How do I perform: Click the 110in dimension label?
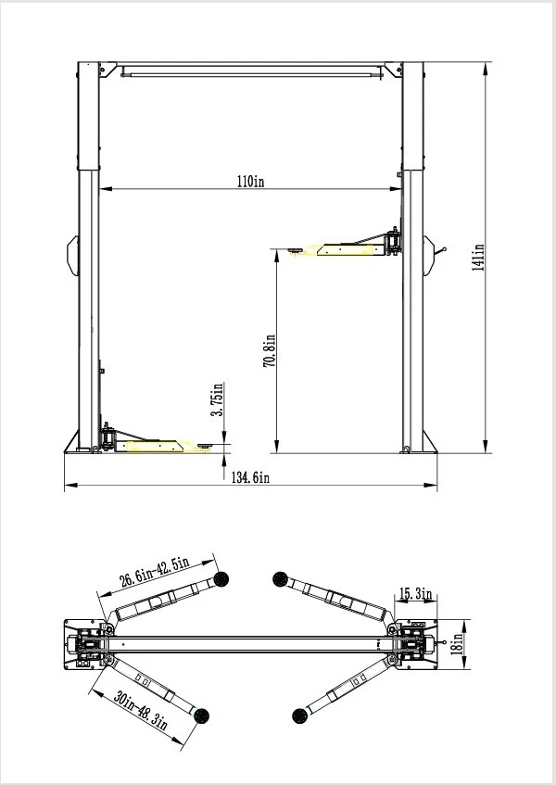click(251, 182)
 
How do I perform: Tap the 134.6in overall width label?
click(250, 478)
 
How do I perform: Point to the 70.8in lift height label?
click(269, 352)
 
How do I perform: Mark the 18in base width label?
click(455, 641)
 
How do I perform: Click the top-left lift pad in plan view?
click(221, 579)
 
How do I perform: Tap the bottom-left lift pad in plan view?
click(201, 715)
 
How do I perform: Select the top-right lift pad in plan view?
click(280, 579)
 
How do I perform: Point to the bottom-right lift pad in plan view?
click(298, 715)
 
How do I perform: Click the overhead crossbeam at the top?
click(250, 69)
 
